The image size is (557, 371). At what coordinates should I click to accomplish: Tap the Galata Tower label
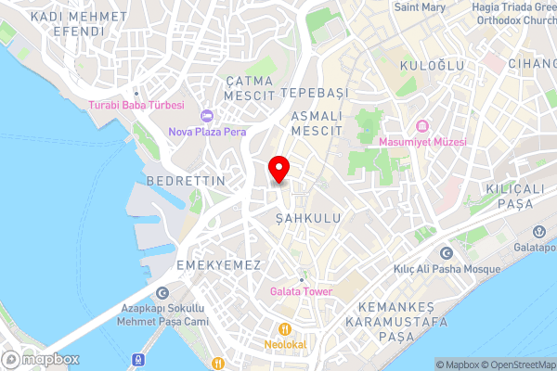pyautogui.click(x=301, y=291)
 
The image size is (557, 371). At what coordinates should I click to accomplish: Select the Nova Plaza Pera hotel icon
pyautogui.click(x=207, y=116)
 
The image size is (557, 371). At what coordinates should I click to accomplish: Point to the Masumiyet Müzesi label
pyautogui.click(x=422, y=142)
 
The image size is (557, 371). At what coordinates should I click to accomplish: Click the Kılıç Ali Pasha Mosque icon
pyautogui.click(x=446, y=253)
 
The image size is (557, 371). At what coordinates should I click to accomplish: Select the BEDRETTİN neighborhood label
pyautogui.click(x=185, y=180)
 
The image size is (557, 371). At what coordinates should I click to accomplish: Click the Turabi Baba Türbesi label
pyautogui.click(x=136, y=105)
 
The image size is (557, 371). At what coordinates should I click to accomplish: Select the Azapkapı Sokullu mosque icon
pyautogui.click(x=163, y=292)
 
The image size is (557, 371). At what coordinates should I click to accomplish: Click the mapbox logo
pyautogui.click(x=41, y=359)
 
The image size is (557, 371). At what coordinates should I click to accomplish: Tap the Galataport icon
pyautogui.click(x=538, y=232)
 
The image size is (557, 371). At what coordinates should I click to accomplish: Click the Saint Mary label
pyautogui.click(x=421, y=6)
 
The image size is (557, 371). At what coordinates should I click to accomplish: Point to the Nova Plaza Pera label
pyautogui.click(x=207, y=132)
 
